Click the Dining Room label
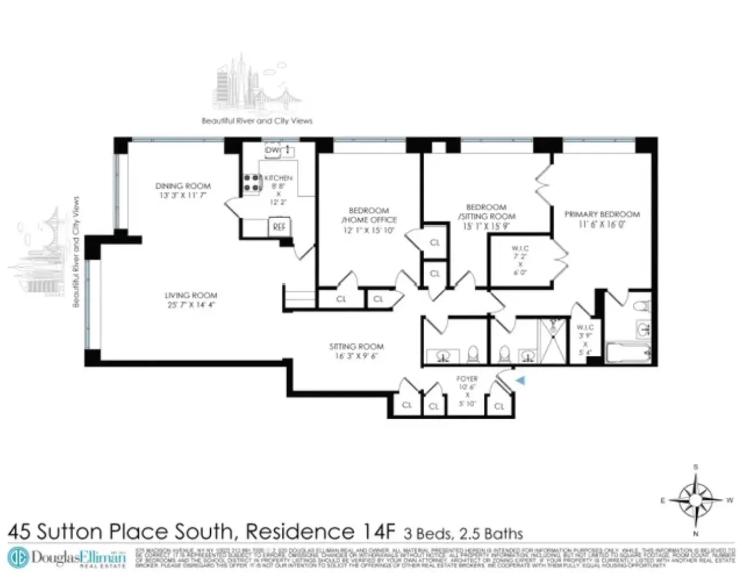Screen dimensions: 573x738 tap(183, 190)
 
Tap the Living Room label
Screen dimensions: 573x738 tap(191, 299)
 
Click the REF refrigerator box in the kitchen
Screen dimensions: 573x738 tap(279, 227)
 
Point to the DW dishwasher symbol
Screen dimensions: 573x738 tap(272, 150)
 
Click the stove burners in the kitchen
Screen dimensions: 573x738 tap(251, 183)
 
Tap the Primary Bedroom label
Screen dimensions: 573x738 tap(602, 219)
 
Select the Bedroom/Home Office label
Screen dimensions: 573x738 tap(368, 220)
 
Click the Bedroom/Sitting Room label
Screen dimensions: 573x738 tap(486, 216)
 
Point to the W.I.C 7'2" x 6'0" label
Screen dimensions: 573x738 tap(520, 261)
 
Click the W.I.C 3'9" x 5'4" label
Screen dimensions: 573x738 tap(585, 340)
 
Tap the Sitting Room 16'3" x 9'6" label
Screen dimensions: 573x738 tap(356, 350)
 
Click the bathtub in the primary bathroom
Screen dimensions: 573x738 tap(628, 353)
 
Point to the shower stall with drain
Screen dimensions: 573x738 tap(552, 341)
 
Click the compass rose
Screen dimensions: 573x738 tap(696, 499)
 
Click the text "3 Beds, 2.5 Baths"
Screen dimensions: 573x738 tap(463, 533)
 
